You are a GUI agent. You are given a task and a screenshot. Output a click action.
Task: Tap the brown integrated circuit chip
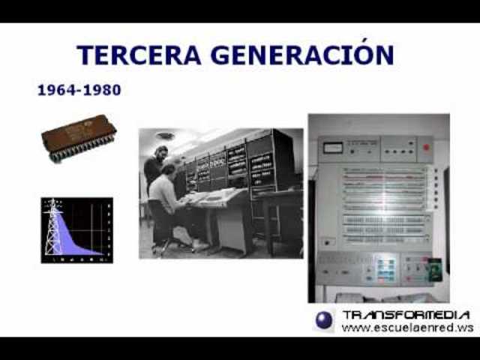pos(79,136)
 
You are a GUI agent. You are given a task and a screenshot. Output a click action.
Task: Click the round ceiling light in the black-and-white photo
pos(165,136)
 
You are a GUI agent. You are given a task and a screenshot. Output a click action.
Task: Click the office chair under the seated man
pos(160,229)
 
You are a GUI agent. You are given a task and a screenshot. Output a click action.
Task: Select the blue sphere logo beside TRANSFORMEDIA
pos(324,320)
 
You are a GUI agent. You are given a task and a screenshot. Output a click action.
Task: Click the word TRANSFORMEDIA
pos(406,315)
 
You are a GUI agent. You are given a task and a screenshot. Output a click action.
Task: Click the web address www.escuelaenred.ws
pos(407,328)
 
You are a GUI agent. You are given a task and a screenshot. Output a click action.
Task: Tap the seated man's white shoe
pos(198,245)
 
